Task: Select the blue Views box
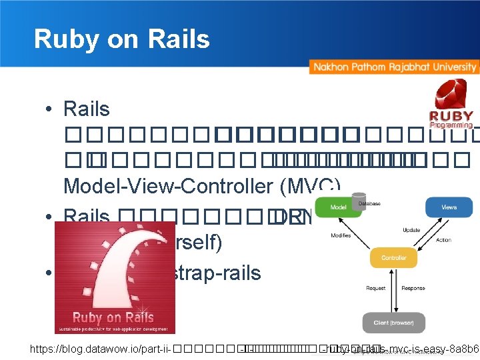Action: click(449, 207)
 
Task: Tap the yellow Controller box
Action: click(393, 257)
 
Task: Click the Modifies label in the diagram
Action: click(340, 236)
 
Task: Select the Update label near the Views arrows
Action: click(411, 229)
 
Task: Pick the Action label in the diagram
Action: click(443, 241)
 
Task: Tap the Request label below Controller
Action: click(376, 289)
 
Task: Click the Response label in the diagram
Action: click(413, 289)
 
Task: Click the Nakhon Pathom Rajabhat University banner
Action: click(394, 67)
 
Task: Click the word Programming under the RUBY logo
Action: click(451, 125)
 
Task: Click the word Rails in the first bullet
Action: click(87, 108)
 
